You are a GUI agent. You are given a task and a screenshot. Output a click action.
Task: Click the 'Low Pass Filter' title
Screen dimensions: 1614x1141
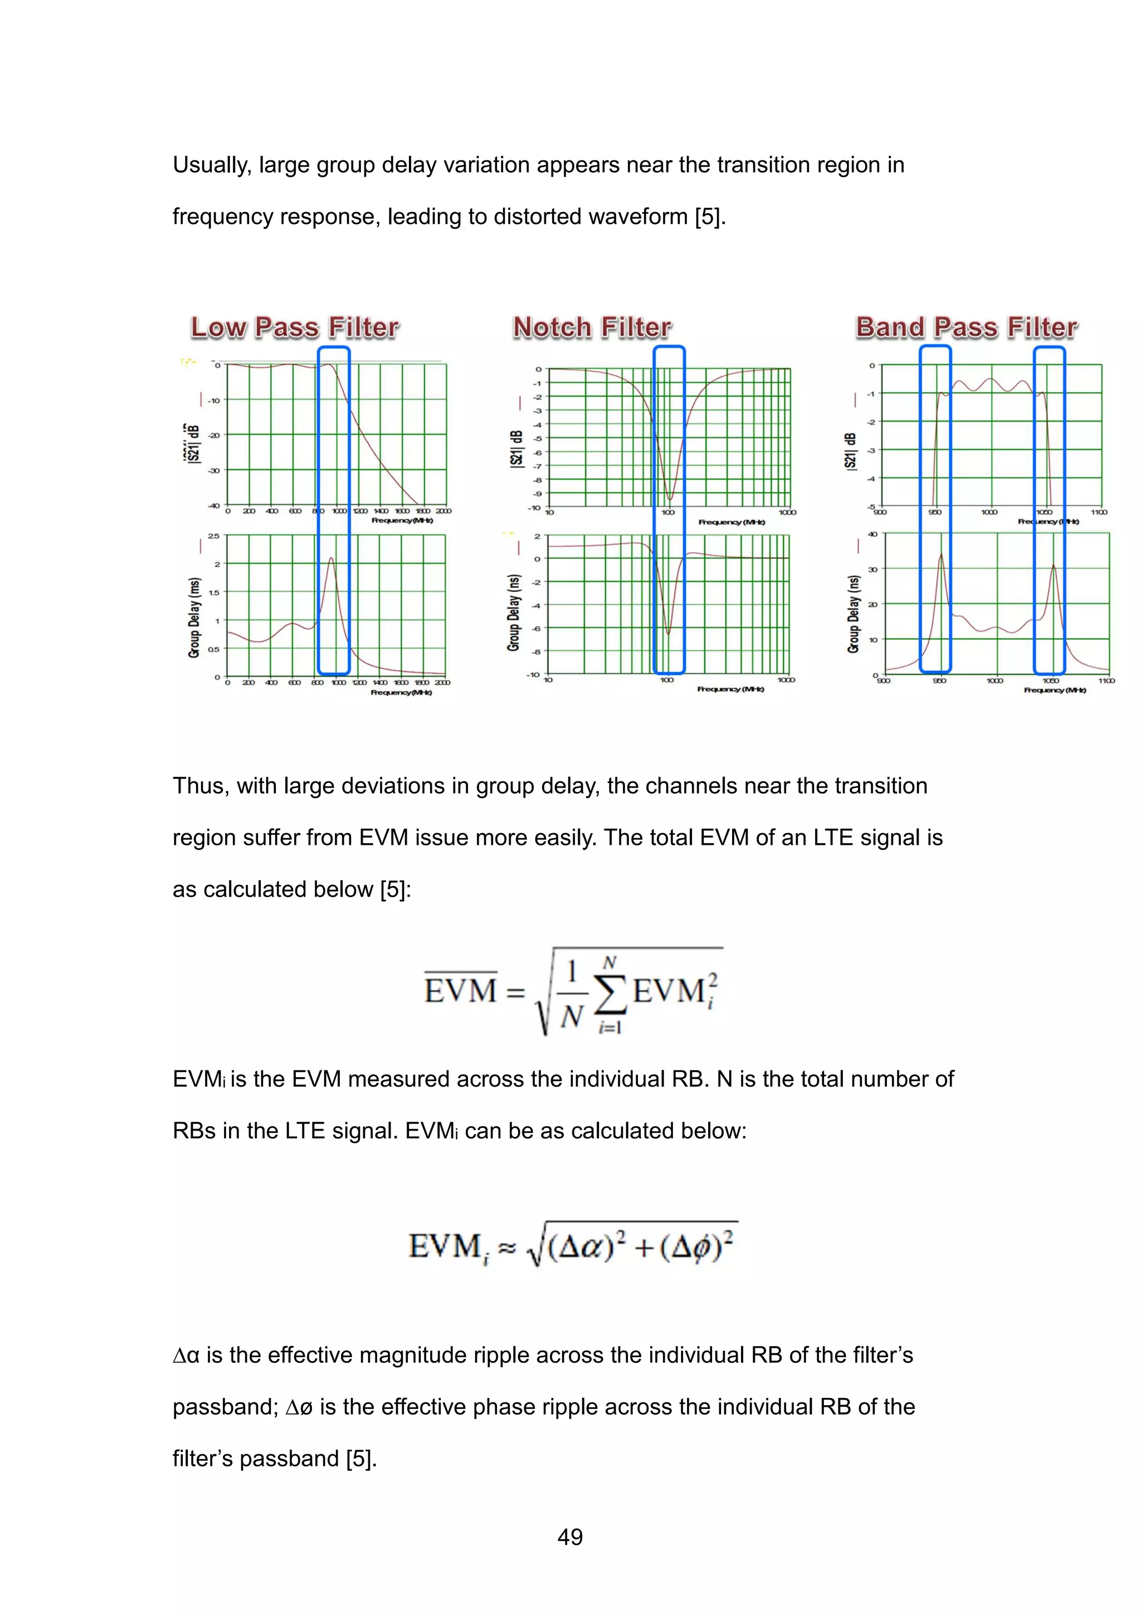[x=295, y=327]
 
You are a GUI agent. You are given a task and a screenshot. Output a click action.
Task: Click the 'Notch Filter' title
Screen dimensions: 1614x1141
[x=592, y=327]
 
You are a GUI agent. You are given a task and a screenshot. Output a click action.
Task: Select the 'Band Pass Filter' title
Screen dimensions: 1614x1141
[x=966, y=327]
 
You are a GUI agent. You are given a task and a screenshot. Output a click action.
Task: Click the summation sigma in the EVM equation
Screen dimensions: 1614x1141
[x=609, y=992]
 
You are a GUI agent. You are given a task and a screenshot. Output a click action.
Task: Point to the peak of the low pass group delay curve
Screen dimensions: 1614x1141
[x=331, y=558]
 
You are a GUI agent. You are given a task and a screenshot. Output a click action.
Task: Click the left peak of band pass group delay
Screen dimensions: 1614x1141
[x=940, y=554]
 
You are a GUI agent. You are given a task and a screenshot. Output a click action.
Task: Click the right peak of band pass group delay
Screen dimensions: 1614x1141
[x=1053, y=565]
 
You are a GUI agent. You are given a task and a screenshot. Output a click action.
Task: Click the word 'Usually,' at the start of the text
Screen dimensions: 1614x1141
[x=212, y=165]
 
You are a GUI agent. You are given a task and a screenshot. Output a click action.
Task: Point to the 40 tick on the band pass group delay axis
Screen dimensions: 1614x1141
[x=872, y=534]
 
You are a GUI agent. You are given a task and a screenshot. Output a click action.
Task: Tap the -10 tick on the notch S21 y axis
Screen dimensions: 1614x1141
[x=535, y=507]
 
